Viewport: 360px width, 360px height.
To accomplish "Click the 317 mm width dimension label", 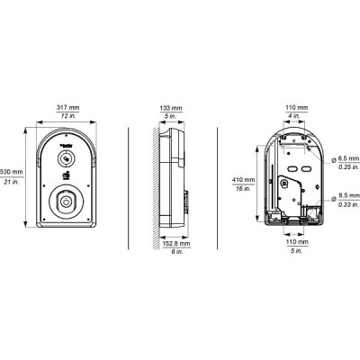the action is click(68, 107).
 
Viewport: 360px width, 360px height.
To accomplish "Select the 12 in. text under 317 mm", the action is click(68, 116).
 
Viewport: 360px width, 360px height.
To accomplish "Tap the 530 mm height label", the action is click(12, 172).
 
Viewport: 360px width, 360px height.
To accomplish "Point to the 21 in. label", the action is click(12, 181).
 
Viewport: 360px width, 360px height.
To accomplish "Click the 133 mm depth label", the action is click(171, 108).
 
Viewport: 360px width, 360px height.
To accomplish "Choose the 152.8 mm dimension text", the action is click(176, 244).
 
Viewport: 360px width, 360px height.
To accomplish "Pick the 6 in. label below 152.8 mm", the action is click(177, 252).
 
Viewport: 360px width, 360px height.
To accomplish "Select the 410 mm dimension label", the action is click(243, 180).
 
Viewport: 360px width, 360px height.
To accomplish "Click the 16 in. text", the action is click(243, 189).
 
